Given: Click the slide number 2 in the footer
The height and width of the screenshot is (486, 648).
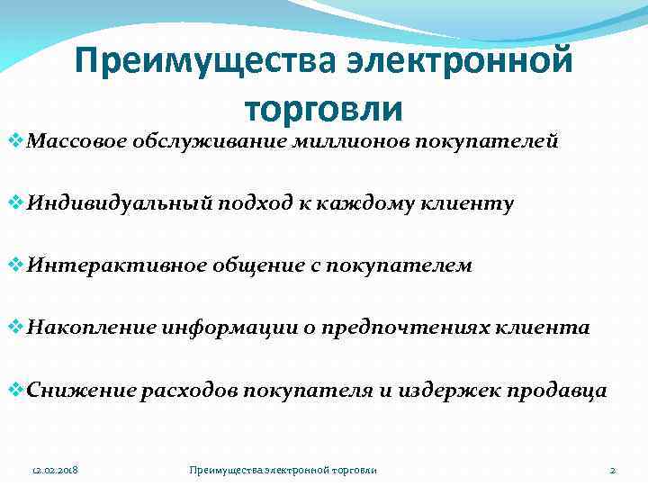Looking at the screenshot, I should [x=612, y=470].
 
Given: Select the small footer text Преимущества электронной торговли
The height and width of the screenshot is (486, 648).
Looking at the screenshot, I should [x=283, y=470].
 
